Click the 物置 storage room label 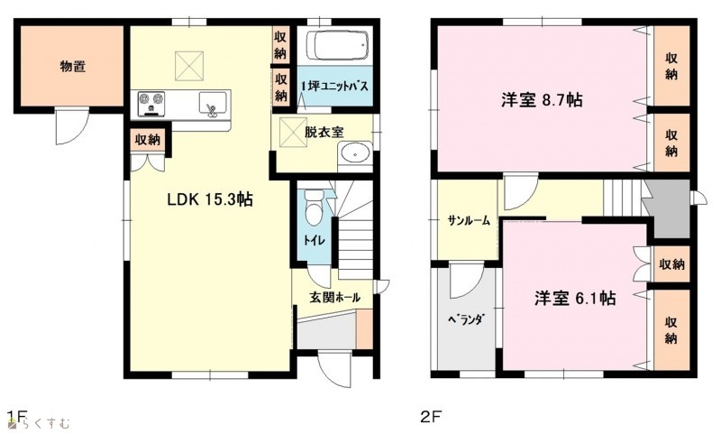tap(73, 67)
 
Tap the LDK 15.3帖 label tap(210, 199)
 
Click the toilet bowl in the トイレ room tap(314, 208)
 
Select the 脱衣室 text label tap(324, 133)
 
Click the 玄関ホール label tap(334, 298)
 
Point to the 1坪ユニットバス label tap(334, 87)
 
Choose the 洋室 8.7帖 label tap(542, 100)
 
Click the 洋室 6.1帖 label tap(575, 299)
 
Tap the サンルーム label tap(470, 221)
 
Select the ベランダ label tap(465, 319)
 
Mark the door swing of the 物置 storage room tap(72, 126)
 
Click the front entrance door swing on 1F tap(334, 368)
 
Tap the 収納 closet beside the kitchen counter tap(147, 140)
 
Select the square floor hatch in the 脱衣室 tap(293, 132)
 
